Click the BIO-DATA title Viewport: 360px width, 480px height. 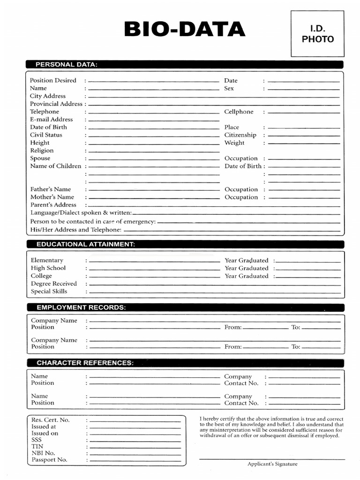point(185,30)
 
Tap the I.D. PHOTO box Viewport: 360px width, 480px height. point(317,34)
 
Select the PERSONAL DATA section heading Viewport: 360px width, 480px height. point(67,65)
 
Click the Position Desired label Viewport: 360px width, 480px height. point(53,81)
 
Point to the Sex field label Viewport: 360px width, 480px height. point(229,88)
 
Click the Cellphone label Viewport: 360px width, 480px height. point(239,112)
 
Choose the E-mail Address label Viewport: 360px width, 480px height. point(52,120)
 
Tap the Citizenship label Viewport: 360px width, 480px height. point(240,135)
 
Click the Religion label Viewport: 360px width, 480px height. point(42,150)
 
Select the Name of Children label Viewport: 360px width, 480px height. point(56,166)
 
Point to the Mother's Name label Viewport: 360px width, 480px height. point(52,197)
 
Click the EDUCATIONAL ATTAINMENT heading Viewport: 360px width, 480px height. point(86,244)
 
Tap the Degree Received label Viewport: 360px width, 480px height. point(53,284)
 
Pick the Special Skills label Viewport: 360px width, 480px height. point(49,292)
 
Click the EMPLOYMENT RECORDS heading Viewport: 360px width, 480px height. point(81,307)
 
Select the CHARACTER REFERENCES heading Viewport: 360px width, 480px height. point(85,363)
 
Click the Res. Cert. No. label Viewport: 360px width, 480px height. point(51,420)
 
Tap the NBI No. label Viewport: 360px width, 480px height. point(43,453)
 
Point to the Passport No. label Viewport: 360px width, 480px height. point(49,460)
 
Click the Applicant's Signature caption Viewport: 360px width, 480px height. point(272,464)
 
